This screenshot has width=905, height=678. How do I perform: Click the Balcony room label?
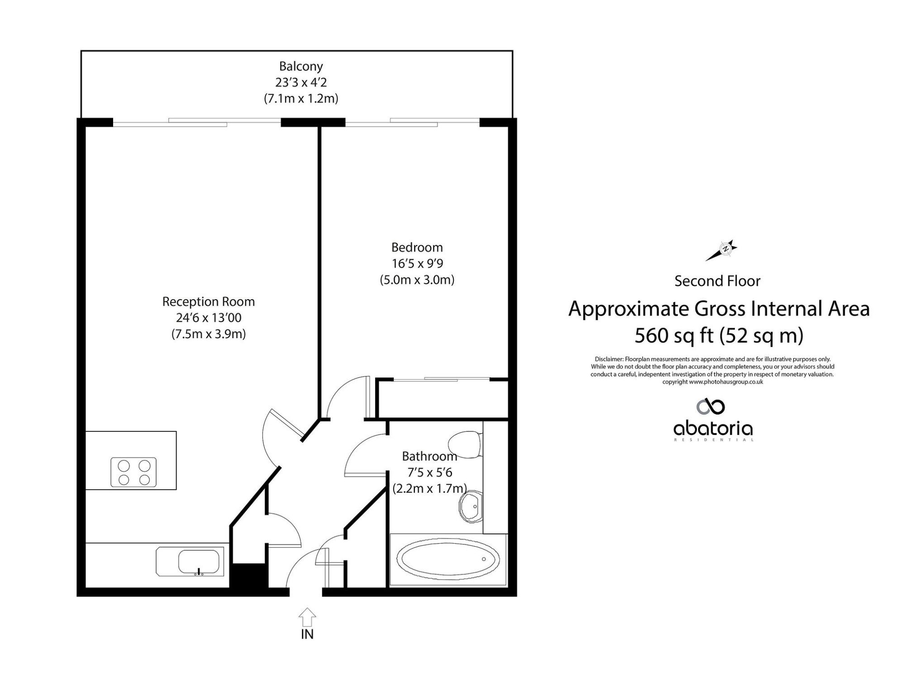pyautogui.click(x=301, y=67)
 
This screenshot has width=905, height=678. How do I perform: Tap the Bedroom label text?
pyautogui.click(x=417, y=248)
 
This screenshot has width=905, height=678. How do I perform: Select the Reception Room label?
pyautogui.click(x=209, y=301)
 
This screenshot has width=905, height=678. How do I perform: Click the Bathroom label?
pyautogui.click(x=429, y=456)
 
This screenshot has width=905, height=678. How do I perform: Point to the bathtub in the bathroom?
pyautogui.click(x=448, y=559)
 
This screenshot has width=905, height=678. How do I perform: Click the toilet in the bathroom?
pyautogui.click(x=465, y=444)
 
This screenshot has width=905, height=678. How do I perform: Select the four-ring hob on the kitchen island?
pyautogui.click(x=133, y=473)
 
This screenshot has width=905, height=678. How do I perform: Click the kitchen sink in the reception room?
pyautogui.click(x=190, y=562)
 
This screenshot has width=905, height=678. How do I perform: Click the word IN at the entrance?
pyautogui.click(x=307, y=635)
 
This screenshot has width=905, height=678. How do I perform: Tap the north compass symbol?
pyautogui.click(x=722, y=250)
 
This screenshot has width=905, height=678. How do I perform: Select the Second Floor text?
pyautogui.click(x=717, y=281)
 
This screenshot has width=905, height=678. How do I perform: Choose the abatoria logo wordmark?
pyautogui.click(x=713, y=429)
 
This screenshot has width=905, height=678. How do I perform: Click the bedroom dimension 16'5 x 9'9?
pyautogui.click(x=417, y=263)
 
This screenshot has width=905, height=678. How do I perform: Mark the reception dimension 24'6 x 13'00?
pyautogui.click(x=209, y=318)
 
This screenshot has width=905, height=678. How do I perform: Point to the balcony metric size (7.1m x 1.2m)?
pyautogui.click(x=301, y=99)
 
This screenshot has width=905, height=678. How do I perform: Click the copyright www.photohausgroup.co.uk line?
pyautogui.click(x=713, y=382)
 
